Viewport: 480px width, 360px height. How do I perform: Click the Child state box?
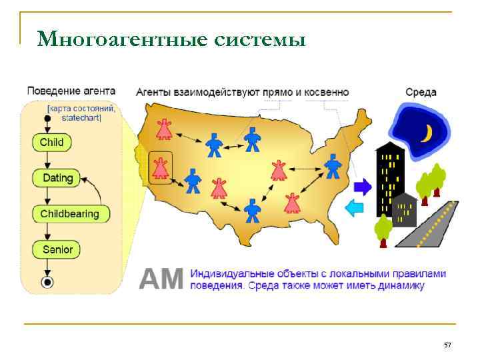(x=51, y=142)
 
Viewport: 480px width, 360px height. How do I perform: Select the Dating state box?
(x=57, y=178)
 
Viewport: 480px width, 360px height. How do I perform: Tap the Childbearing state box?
(x=69, y=214)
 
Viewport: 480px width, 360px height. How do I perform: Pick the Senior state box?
(x=57, y=250)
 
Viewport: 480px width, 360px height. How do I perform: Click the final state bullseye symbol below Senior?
(x=47, y=283)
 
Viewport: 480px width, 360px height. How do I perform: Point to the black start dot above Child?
(x=47, y=119)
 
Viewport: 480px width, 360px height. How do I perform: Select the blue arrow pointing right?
(x=362, y=187)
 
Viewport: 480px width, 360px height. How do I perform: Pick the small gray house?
(x=405, y=211)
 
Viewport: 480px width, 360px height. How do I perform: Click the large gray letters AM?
(x=160, y=279)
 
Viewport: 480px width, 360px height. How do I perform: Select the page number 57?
(x=447, y=345)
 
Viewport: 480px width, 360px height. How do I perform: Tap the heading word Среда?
(x=421, y=92)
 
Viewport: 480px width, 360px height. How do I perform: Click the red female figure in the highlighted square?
(x=160, y=167)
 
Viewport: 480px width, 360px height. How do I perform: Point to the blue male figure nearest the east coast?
(x=333, y=166)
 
